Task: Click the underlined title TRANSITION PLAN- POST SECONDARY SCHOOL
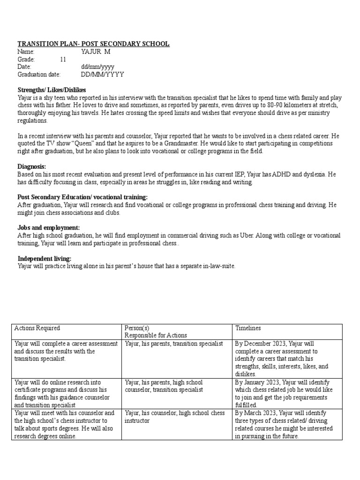93,44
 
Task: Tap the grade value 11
63,60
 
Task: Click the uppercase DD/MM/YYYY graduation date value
102,75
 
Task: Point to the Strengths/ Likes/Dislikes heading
52,90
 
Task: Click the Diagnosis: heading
32,166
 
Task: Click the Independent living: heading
45,258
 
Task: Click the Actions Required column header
37,328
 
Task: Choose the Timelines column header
248,328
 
